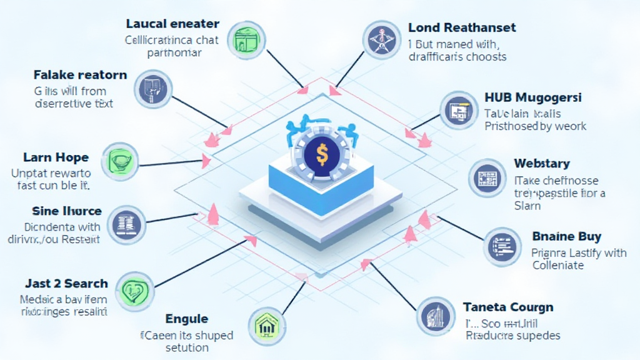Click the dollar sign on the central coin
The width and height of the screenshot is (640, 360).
321,154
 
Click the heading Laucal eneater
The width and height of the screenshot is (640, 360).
172,24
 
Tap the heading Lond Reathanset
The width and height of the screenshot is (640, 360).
462,27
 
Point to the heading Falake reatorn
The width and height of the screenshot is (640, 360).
80,75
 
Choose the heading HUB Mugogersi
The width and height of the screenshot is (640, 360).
533,97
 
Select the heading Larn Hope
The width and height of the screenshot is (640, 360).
56,157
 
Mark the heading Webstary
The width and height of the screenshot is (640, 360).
542,164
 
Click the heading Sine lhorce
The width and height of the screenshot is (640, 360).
66,211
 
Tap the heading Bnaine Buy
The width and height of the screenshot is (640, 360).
566,236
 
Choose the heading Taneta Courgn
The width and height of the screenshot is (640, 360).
508,307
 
